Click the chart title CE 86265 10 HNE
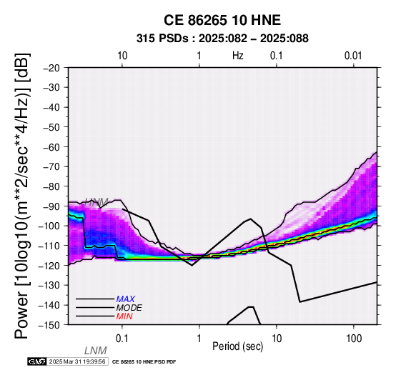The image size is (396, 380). pos(222,20)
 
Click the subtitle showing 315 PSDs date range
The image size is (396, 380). pos(222,39)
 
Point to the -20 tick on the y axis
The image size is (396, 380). pos(51,68)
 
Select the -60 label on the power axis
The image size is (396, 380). pos(51,147)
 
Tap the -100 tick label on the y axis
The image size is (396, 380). pos(49,226)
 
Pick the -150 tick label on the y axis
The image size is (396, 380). pos(49,325)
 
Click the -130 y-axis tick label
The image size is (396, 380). pos(49,285)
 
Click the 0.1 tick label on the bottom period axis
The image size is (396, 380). pos(122,339)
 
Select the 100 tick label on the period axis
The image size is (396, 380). pos(354,339)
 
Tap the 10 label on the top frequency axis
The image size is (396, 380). pos(122,56)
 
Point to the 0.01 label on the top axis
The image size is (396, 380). pos(353,56)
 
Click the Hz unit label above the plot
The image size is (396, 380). pos(238,56)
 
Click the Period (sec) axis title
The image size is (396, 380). pos(237,346)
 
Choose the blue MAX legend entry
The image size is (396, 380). pos(126,299)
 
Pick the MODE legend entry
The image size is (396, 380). pos(129,308)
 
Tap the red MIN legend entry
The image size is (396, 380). pos(124,316)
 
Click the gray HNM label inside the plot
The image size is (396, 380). pos(96,202)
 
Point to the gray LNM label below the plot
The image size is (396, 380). pos(96,351)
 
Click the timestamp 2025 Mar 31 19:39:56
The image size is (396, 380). pos(77,361)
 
